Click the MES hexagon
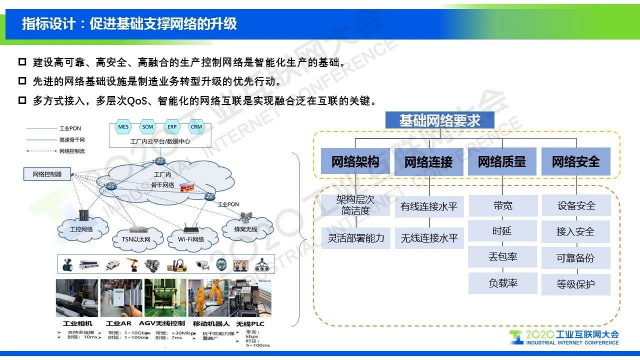click(x=123, y=127)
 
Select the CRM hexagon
click(x=196, y=127)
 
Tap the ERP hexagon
click(x=172, y=127)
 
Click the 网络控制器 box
click(x=47, y=174)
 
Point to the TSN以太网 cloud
click(x=136, y=239)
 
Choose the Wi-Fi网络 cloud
click(x=191, y=239)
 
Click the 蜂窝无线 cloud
click(x=246, y=229)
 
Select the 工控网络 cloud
click(x=81, y=229)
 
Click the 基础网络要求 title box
click(x=440, y=120)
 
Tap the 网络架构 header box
click(x=355, y=161)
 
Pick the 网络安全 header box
click(x=575, y=161)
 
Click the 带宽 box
click(x=502, y=206)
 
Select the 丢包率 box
click(x=502, y=257)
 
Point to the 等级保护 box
click(x=575, y=284)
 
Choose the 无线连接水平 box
click(x=429, y=238)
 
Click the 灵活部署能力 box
click(x=356, y=238)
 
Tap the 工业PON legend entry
click(x=70, y=128)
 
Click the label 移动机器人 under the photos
click(x=211, y=324)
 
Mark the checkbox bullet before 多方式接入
click(x=22, y=100)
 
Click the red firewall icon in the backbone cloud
click(x=187, y=187)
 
